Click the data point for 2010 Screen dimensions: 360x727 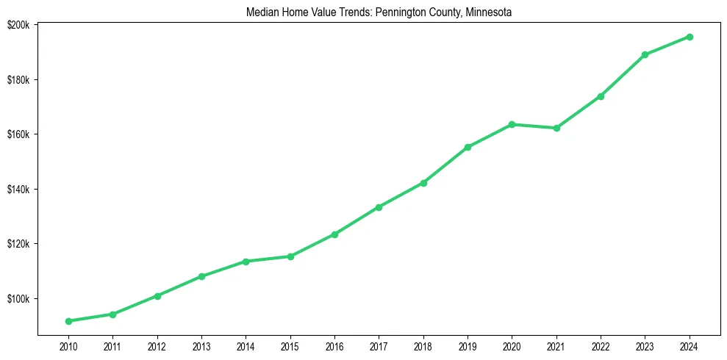pyautogui.click(x=68, y=321)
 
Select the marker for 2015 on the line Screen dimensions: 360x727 pyautogui.click(x=290, y=256)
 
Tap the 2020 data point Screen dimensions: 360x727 pyautogui.click(x=512, y=124)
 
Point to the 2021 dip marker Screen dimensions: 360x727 pyautogui.click(x=556, y=128)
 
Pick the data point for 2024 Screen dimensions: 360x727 pyautogui.click(x=690, y=37)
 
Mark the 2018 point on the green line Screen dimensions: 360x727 pyautogui.click(x=423, y=183)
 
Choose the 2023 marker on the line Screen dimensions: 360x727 pyautogui.click(x=645, y=54)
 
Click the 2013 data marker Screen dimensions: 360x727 pyautogui.click(x=201, y=276)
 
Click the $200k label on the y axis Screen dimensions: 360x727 pyautogui.click(x=18, y=24)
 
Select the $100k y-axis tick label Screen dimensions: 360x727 pyautogui.click(x=18, y=299)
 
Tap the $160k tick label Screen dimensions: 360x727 pyautogui.click(x=18, y=134)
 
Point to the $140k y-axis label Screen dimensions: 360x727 pyautogui.click(x=18, y=190)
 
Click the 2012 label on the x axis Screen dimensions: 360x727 pyautogui.click(x=157, y=346)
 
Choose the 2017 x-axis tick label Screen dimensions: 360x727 pyautogui.click(x=379, y=346)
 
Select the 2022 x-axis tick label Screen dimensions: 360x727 pyautogui.click(x=601, y=346)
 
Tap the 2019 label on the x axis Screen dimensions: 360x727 pyautogui.click(x=468, y=346)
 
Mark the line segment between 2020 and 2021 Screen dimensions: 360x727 pyautogui.click(x=534, y=126)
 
